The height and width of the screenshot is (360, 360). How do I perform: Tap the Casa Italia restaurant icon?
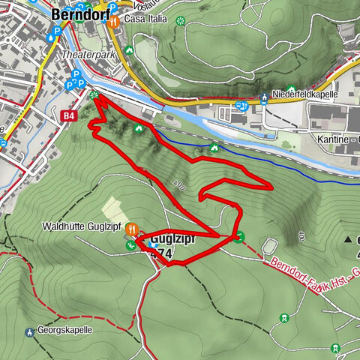tap(113, 22)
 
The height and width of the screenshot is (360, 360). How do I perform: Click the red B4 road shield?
tap(70, 115)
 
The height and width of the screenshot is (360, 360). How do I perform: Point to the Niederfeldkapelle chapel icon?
tap(265, 96)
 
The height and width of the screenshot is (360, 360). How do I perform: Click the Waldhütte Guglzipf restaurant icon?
tap(131, 228)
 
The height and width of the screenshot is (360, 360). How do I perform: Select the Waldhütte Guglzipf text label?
tap(82, 226)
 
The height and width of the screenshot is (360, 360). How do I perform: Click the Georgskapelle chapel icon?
tap(28, 330)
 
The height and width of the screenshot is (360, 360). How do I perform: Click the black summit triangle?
tap(348, 240)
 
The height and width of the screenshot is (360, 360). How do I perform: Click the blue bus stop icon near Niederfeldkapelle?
tap(241, 106)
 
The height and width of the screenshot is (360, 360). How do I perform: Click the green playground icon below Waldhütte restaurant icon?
tap(131, 244)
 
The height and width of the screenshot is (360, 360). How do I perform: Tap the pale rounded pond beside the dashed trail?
tap(270, 246)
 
